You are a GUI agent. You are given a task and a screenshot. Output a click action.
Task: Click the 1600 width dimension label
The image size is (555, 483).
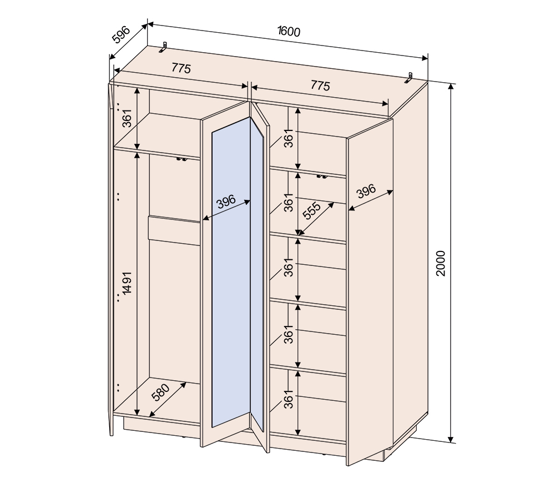point(289,31)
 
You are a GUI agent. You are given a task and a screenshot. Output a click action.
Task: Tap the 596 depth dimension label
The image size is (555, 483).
point(121,34)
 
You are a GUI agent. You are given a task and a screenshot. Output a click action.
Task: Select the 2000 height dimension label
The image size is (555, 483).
point(440,263)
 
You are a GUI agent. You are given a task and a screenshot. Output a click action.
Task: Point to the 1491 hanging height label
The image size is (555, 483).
point(127,283)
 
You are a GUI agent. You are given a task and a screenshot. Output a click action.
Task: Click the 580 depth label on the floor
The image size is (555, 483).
point(161,392)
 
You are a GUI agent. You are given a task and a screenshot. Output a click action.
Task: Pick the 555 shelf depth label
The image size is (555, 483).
point(312,211)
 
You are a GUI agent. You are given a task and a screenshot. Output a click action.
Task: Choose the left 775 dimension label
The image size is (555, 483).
point(181,68)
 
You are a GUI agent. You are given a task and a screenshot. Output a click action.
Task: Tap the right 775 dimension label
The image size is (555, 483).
point(320,85)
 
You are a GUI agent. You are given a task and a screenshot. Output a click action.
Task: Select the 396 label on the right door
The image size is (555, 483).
point(366,191)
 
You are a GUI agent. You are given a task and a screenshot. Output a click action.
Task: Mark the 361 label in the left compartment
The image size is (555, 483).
point(127,118)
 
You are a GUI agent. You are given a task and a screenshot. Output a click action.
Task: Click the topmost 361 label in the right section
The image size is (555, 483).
point(289,138)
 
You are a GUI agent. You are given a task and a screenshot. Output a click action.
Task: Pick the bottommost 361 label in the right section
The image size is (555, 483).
point(289,399)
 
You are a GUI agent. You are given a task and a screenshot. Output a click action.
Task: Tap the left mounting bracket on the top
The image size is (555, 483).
point(163,47)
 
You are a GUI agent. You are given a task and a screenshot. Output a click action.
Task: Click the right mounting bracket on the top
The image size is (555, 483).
point(409,78)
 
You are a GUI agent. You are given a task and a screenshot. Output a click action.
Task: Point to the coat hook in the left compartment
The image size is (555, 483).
point(181,159)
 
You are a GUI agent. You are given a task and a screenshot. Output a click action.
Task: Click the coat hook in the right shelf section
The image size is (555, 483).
point(322,177)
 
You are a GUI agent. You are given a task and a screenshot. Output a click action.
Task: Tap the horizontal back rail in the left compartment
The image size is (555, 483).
point(174,230)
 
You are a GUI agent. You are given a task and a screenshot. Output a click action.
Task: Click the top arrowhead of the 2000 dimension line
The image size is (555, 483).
point(451,87)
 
